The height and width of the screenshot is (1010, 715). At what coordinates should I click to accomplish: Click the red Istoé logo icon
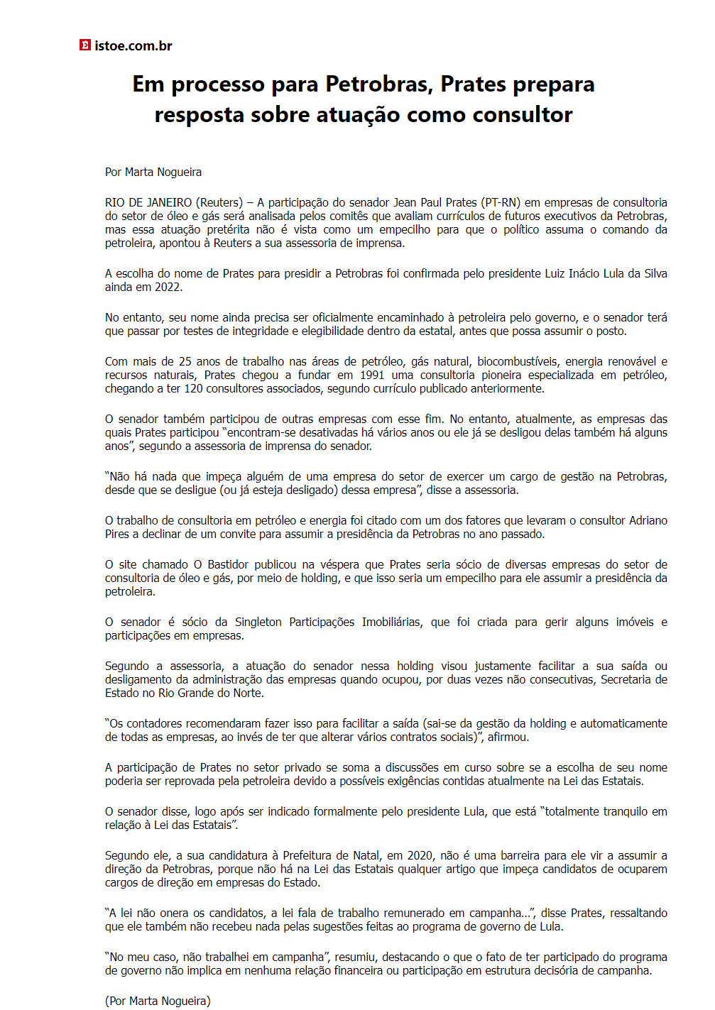click(x=85, y=45)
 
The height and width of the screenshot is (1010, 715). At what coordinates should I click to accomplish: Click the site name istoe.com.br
click(x=133, y=46)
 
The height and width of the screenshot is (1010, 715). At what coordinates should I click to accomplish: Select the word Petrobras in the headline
click(x=378, y=84)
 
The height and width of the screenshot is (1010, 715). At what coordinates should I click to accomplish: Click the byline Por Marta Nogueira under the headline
click(x=153, y=172)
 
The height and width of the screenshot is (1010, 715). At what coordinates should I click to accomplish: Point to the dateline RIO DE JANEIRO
click(x=148, y=202)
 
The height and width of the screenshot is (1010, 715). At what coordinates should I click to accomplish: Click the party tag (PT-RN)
click(x=501, y=202)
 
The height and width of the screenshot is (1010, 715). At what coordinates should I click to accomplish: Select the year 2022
click(x=168, y=287)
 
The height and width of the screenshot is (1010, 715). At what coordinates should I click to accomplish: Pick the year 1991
click(x=372, y=375)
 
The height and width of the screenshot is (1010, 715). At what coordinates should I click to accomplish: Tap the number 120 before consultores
click(x=194, y=388)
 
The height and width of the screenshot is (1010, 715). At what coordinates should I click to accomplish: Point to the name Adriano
click(x=648, y=520)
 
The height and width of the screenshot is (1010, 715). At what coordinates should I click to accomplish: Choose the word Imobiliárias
click(x=392, y=622)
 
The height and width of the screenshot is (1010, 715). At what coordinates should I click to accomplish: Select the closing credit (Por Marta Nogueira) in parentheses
click(x=158, y=1001)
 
